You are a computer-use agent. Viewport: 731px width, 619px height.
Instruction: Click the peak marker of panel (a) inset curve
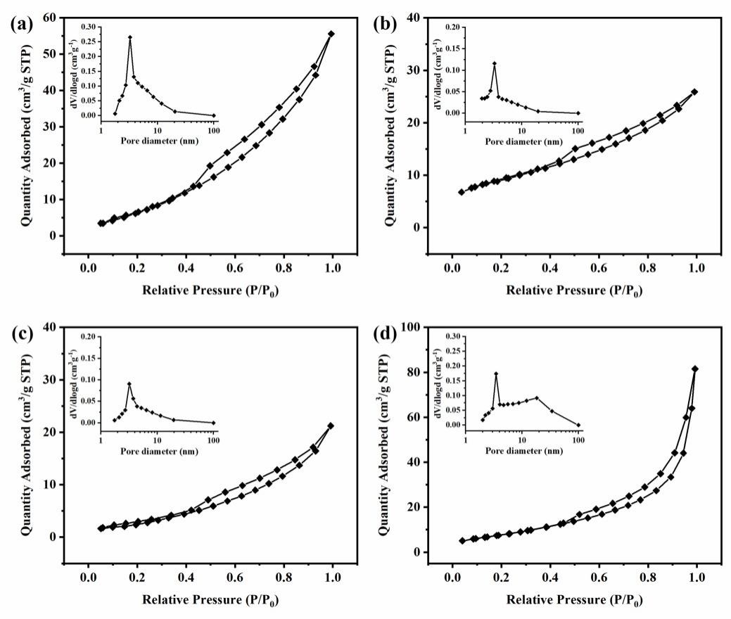pyautogui.click(x=129, y=37)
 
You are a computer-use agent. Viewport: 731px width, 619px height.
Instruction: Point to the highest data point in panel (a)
pyautogui.click(x=331, y=34)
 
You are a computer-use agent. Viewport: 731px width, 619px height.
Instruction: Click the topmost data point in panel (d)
pyautogui.click(x=695, y=369)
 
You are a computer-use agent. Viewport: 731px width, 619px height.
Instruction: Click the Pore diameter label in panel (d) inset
pyautogui.click(x=521, y=450)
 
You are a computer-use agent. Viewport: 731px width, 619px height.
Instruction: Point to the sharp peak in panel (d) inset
pyautogui.click(x=496, y=374)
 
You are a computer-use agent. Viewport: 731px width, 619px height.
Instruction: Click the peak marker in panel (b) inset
pyautogui.click(x=495, y=64)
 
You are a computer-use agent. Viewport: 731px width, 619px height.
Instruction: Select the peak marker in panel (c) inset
pyautogui.click(x=129, y=384)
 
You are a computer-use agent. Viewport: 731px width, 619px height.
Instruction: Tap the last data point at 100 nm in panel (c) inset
pyautogui.click(x=213, y=423)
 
